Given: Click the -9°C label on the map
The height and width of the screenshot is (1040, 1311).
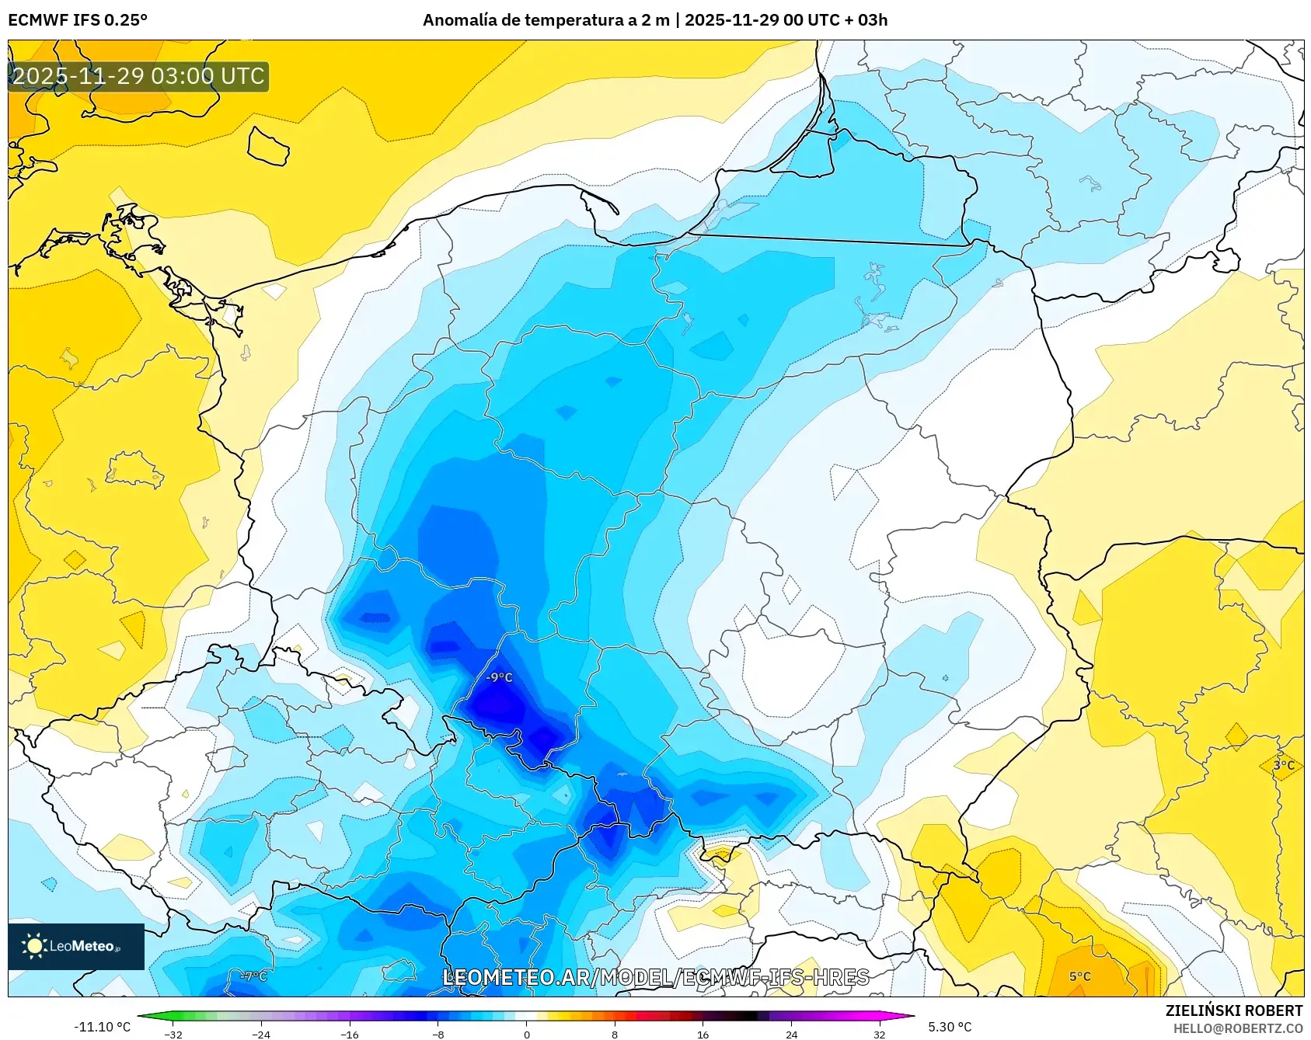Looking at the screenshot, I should click(499, 677).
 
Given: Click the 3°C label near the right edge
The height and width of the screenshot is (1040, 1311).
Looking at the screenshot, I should click(1284, 765).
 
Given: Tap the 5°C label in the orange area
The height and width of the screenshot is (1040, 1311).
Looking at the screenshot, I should click(1079, 976).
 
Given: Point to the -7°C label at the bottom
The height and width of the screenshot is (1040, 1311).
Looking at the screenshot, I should click(254, 976).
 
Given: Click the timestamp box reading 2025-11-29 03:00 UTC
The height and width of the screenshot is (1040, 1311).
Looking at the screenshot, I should click(138, 76).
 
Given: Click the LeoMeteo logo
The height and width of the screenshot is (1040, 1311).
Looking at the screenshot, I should click(76, 946).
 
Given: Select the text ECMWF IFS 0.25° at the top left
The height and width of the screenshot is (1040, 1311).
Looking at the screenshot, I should click(78, 20).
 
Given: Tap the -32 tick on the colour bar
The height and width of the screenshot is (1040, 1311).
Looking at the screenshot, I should click(173, 1035).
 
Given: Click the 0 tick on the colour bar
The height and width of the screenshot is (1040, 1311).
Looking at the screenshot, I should click(527, 1035).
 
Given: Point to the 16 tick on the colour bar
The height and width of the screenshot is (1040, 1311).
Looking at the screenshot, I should click(703, 1035).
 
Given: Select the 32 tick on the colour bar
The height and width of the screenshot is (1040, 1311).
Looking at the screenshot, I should click(879, 1035).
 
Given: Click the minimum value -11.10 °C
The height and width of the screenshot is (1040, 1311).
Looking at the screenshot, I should click(103, 1027).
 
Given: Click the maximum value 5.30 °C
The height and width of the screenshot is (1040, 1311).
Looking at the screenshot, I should click(950, 1027).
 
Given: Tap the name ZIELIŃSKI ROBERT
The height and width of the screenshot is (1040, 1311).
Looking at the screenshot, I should click(1233, 1010).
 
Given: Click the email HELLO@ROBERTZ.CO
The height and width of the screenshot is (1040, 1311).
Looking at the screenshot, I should click(1237, 1028).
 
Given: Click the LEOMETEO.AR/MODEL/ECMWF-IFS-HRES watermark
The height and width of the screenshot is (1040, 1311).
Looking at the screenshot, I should click(655, 977).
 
